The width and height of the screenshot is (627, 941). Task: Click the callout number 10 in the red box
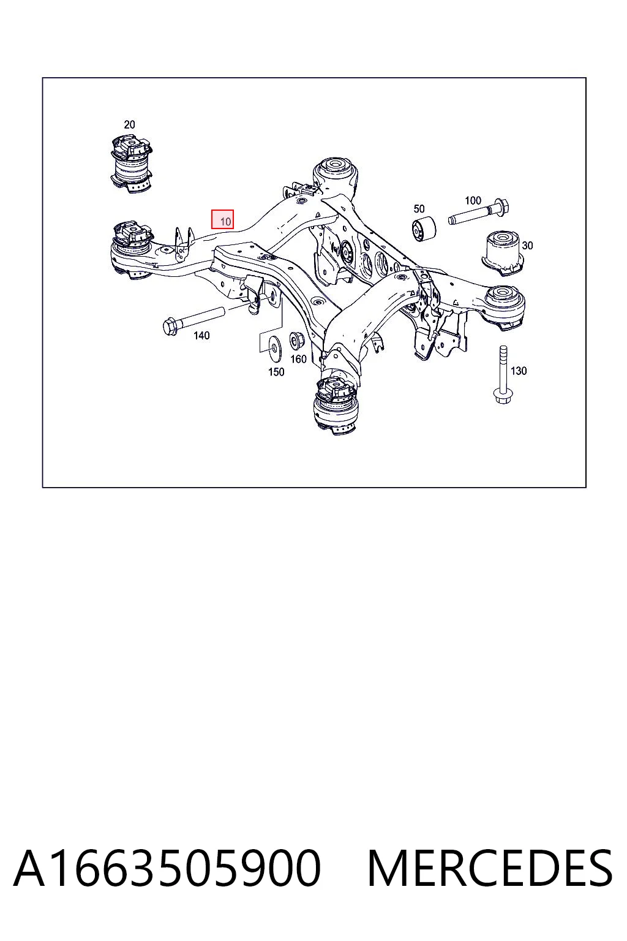(x=225, y=221)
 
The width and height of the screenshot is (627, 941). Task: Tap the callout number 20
(x=129, y=124)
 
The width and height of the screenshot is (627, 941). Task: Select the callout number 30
(x=527, y=245)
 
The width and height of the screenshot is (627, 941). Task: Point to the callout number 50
(x=419, y=209)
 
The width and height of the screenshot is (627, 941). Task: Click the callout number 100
(x=473, y=200)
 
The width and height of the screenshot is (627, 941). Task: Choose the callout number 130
(x=519, y=371)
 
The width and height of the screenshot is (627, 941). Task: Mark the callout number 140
(x=201, y=336)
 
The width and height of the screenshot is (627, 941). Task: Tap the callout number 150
(x=276, y=372)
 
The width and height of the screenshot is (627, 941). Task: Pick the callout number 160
(x=299, y=359)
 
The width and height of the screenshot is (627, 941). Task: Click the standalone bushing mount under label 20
(x=131, y=164)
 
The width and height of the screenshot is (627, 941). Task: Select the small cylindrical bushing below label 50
(x=424, y=229)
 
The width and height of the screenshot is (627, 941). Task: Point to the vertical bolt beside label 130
(x=503, y=375)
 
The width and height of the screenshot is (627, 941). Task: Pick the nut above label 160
(x=296, y=340)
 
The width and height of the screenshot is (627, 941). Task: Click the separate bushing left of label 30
(x=502, y=253)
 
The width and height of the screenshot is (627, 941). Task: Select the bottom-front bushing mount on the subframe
(x=337, y=406)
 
